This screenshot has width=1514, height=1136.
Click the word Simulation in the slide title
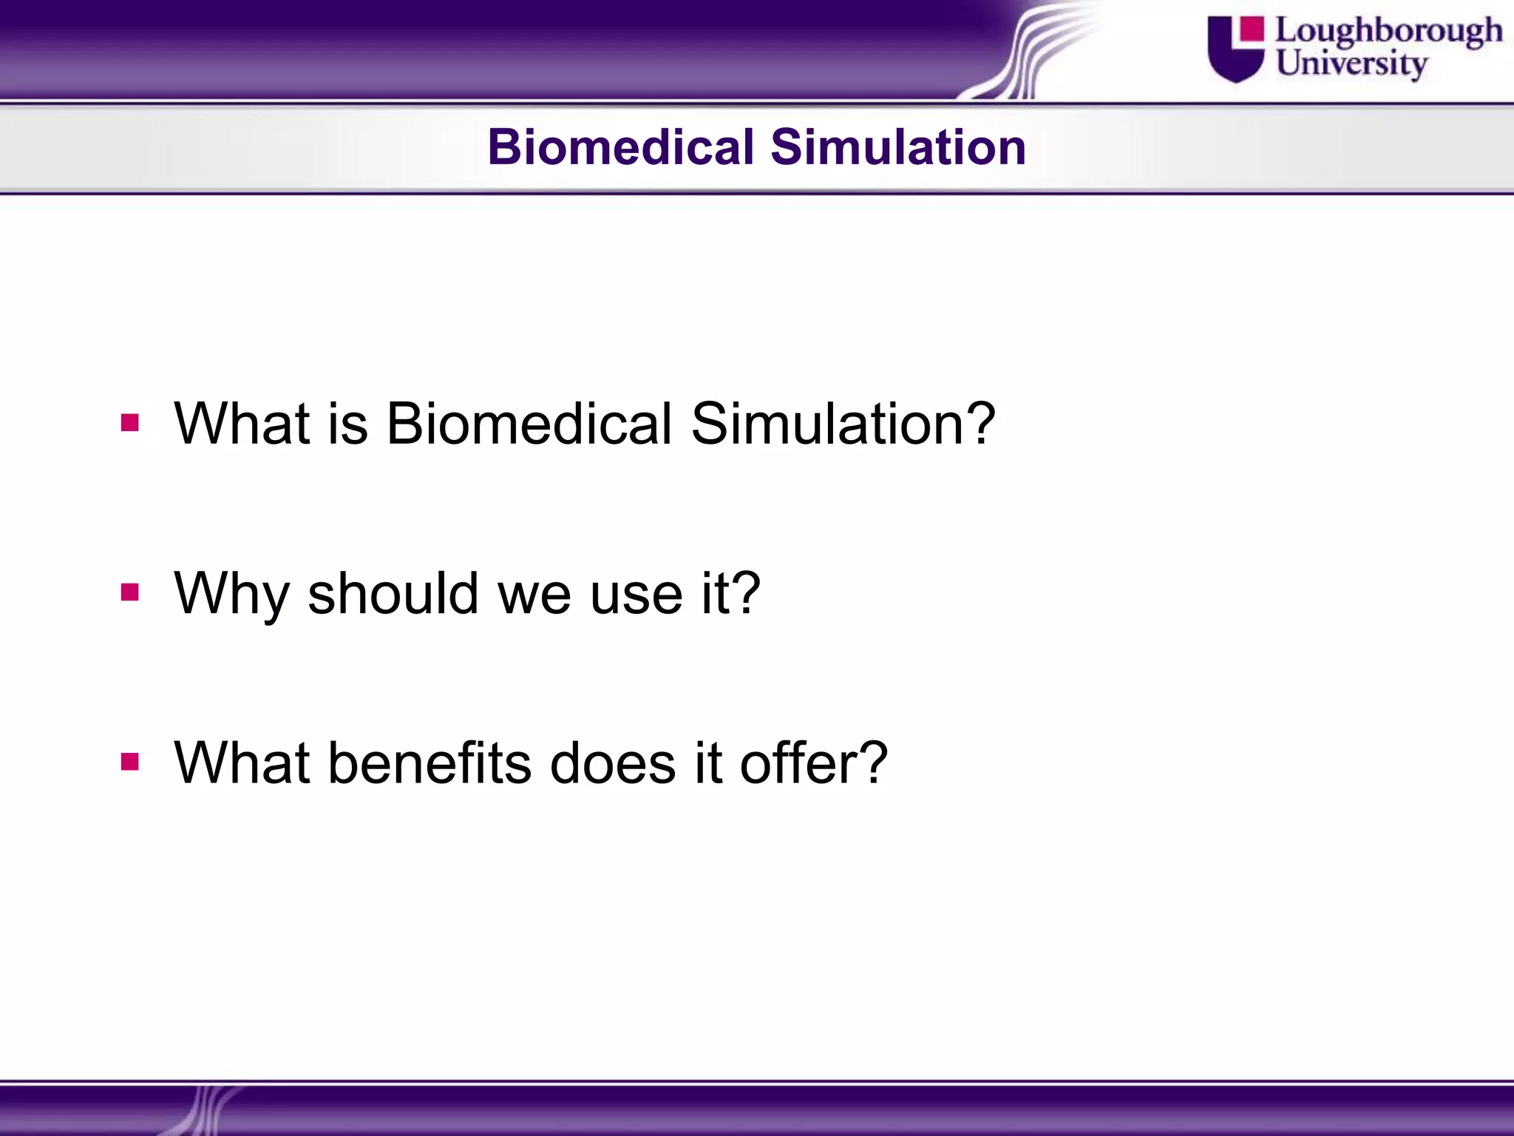coord(897,146)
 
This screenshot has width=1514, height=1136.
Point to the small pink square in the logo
coord(1252,29)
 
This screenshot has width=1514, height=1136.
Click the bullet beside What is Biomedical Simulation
coord(130,423)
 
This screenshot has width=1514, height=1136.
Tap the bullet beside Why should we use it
coord(130,592)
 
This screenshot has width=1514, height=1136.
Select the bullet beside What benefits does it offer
coord(130,762)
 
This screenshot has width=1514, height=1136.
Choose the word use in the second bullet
coord(636,594)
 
